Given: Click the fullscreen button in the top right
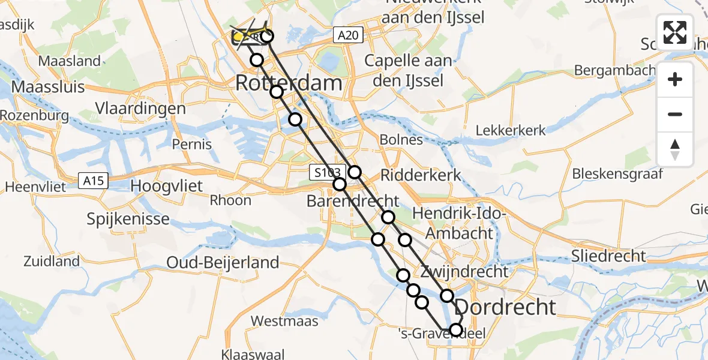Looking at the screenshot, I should (x=675, y=32).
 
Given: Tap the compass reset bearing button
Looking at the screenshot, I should (x=675, y=149).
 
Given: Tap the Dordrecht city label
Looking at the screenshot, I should (x=505, y=307).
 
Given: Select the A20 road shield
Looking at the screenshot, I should (x=347, y=36).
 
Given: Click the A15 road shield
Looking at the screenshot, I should (x=93, y=180).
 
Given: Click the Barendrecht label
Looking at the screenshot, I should (x=353, y=201).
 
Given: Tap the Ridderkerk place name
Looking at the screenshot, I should (x=421, y=175).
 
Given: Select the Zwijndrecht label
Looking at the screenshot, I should (x=464, y=271).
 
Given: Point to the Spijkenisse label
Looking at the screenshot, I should (x=128, y=219).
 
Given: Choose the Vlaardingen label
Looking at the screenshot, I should (x=140, y=109).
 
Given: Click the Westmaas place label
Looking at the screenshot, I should (x=284, y=321).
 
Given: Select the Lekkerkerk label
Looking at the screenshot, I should (x=511, y=130).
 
